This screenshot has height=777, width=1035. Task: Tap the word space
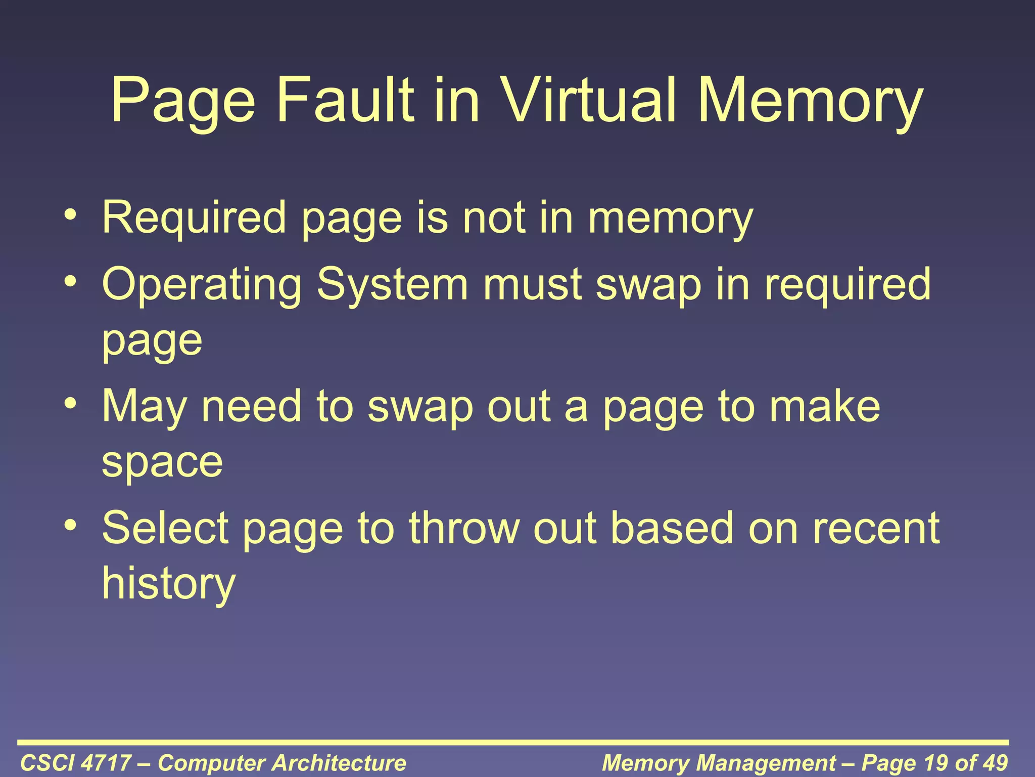coord(162,462)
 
